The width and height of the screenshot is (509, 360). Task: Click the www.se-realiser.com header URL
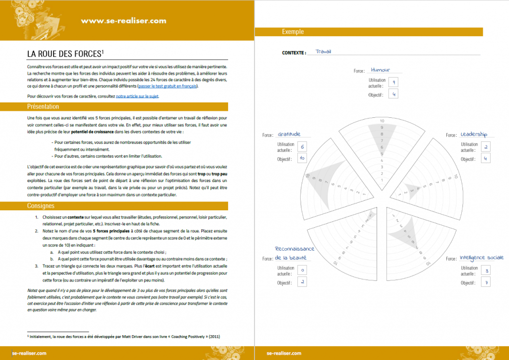[x=123, y=20]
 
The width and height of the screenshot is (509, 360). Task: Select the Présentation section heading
[x=43, y=106]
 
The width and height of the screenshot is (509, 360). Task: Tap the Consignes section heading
[x=41, y=206]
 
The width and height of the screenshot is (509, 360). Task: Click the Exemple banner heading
[x=293, y=32]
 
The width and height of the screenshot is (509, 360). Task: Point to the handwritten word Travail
[x=323, y=51]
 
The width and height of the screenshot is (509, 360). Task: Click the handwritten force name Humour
[x=380, y=70]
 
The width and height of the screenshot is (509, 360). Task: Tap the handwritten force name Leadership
[x=474, y=134]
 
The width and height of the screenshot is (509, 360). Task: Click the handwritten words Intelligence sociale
[x=481, y=258]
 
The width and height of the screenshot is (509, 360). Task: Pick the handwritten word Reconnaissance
[x=295, y=249]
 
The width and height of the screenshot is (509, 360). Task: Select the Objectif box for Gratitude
[x=302, y=159]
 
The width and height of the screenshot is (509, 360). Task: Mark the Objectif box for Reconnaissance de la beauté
[x=302, y=282]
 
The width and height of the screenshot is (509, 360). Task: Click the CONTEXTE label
[x=294, y=52]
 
